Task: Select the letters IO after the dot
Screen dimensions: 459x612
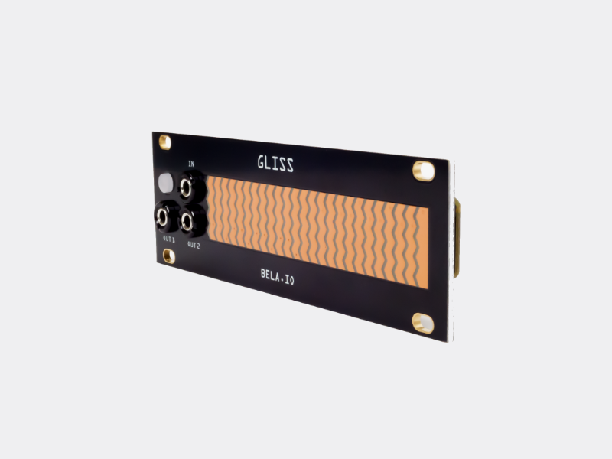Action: click(289, 282)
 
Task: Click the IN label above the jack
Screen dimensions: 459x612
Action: click(190, 164)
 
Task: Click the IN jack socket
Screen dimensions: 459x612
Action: click(187, 186)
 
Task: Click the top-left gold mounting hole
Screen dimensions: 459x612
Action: click(164, 141)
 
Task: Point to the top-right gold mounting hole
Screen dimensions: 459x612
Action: click(422, 170)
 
